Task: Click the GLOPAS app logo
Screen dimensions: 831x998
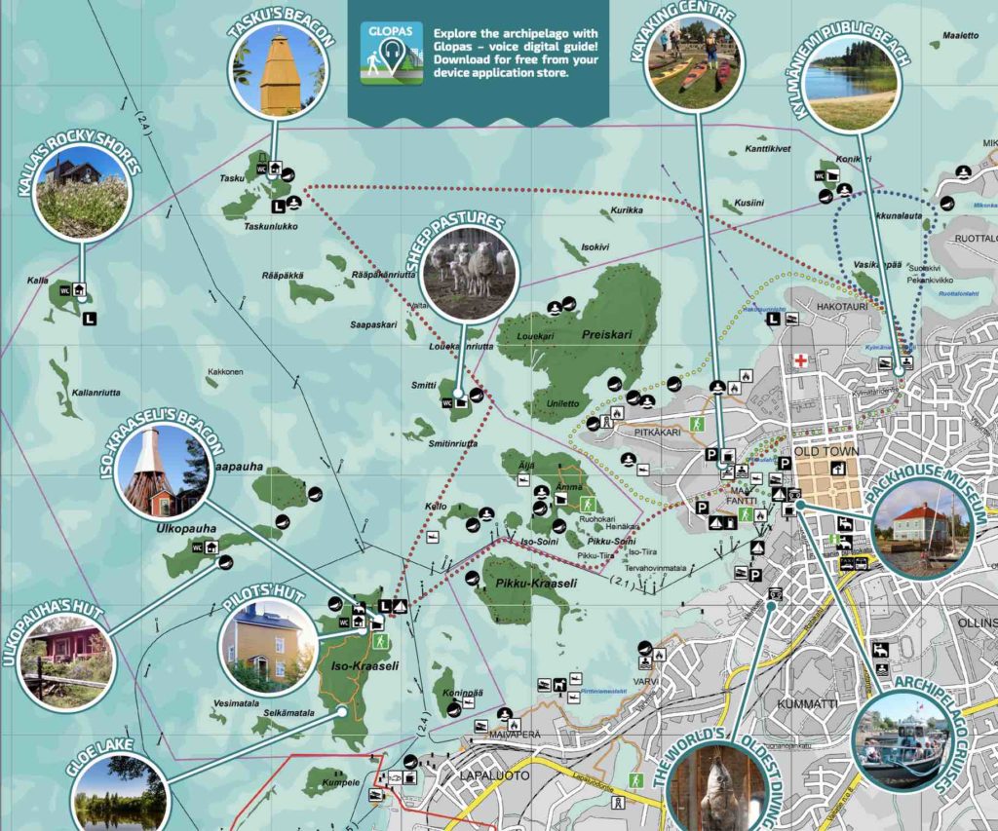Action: coord(391,53)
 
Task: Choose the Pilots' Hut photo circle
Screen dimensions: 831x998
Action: coord(269,643)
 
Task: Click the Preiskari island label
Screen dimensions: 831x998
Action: coord(607,334)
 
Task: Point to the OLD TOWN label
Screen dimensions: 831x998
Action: coord(826,452)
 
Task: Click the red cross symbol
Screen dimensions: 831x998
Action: coord(801,360)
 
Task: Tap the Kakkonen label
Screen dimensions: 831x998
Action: coord(224,372)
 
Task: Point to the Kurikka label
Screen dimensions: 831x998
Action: coord(627,210)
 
